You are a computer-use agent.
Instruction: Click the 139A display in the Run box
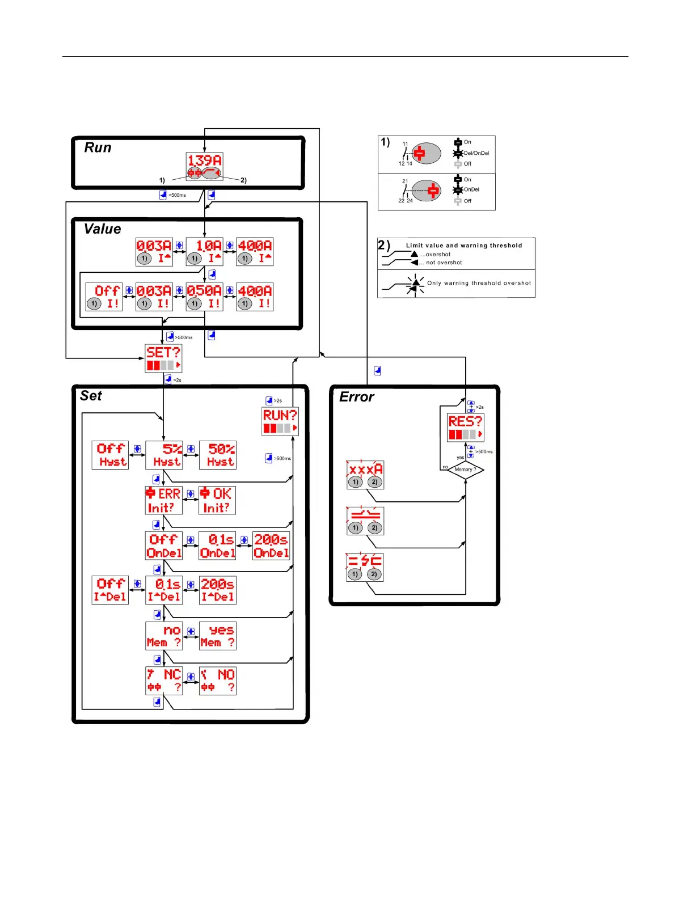[x=204, y=166]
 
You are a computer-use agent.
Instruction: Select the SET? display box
[x=163, y=358]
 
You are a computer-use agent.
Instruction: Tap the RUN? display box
[x=280, y=421]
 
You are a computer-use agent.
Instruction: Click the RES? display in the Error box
[x=466, y=428]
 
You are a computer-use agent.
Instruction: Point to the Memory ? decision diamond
[x=466, y=470]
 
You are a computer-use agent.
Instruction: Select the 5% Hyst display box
[x=164, y=455]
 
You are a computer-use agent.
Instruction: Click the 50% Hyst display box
[x=218, y=455]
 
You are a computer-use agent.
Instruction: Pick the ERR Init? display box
[x=164, y=500]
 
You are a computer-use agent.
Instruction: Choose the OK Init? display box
[x=217, y=500]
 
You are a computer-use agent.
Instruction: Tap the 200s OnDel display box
[x=271, y=546]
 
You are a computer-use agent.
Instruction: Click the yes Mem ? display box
[x=218, y=636]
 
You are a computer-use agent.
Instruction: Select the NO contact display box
[x=218, y=681]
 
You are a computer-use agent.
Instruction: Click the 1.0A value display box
[x=204, y=252]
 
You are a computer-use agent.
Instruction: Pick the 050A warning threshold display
[x=204, y=297]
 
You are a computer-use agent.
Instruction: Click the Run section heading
[x=98, y=147]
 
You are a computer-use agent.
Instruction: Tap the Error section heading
[x=356, y=397]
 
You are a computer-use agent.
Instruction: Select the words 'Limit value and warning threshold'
[x=464, y=246]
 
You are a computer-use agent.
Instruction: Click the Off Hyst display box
[x=110, y=455]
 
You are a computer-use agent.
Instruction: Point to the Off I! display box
[x=104, y=297]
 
